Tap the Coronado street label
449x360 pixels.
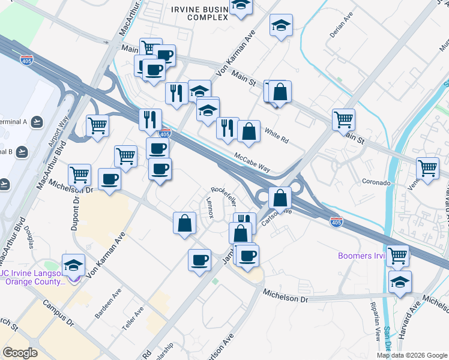pos(377,181)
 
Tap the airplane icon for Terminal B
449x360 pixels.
pos(23,151)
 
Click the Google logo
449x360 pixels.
pos(20,353)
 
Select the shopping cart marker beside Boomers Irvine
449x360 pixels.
pos(397,256)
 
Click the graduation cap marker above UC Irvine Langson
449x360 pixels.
pos(73,265)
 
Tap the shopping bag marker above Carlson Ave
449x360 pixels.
pos(280,197)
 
